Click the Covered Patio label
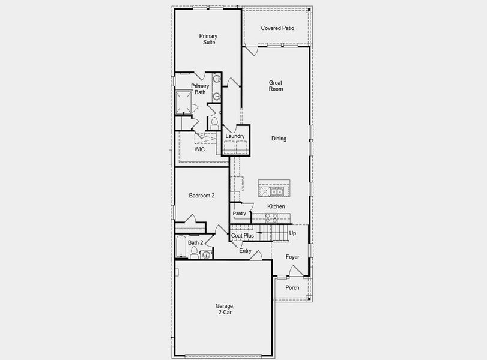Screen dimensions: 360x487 point(277,28)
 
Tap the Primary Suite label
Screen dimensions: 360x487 point(208,40)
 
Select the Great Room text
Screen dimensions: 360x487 point(276,86)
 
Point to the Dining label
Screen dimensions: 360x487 point(279,139)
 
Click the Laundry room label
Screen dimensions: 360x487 point(235,136)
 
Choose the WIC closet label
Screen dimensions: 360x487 point(199,149)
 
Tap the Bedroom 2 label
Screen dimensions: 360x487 point(201,196)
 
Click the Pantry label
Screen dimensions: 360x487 point(240,213)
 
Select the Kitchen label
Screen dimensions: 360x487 point(276,206)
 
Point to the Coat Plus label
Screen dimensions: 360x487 point(243,236)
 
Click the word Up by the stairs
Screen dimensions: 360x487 point(292,233)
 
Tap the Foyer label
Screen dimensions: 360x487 point(292,257)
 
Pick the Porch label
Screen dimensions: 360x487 point(292,287)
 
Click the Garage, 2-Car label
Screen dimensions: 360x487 point(225,309)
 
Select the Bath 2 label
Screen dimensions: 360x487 point(195,242)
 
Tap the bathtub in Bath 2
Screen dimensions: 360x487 point(181,247)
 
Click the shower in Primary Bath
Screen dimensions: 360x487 point(184,102)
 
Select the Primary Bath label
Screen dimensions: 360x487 point(200,89)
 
